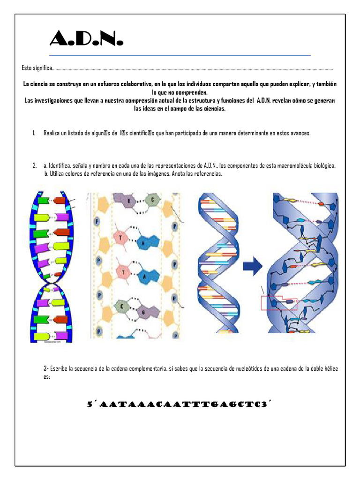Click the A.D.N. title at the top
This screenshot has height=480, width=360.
(86, 38)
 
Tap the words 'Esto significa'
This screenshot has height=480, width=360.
(37, 68)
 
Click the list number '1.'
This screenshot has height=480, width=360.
(35, 134)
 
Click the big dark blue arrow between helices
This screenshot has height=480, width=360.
(253, 268)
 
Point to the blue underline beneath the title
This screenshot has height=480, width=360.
(180, 56)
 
